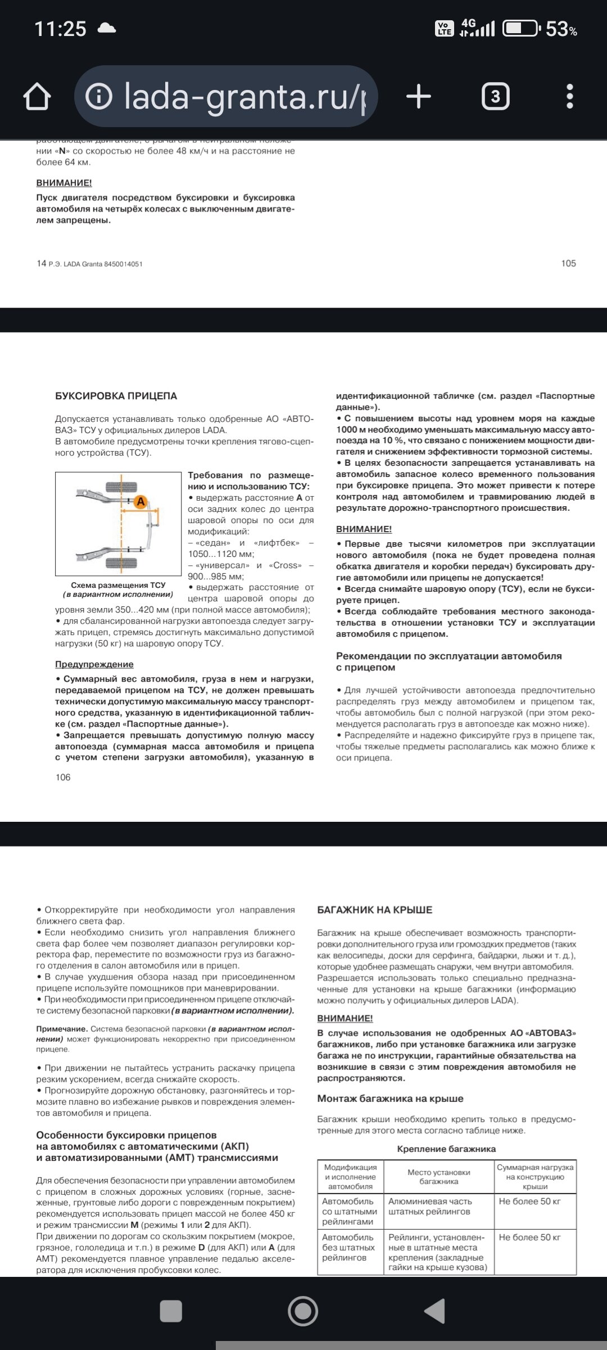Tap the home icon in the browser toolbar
pos(37,97)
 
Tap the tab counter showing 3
pos(495,97)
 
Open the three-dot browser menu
pos(569,97)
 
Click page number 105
pos(568,263)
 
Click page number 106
pos(63,777)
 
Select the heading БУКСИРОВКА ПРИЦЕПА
pos(116,396)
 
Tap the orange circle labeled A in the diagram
pos(141,501)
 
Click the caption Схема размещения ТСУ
pos(118,586)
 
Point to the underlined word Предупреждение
pos(94,664)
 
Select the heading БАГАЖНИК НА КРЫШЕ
pos(374,910)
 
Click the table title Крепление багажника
pos(446,1149)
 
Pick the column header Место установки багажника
pos(438,1177)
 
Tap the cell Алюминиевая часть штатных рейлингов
pos(430,1206)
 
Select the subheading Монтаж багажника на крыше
pos(390,1099)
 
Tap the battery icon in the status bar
pos(520,28)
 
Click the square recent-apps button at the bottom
pos(171,1311)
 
